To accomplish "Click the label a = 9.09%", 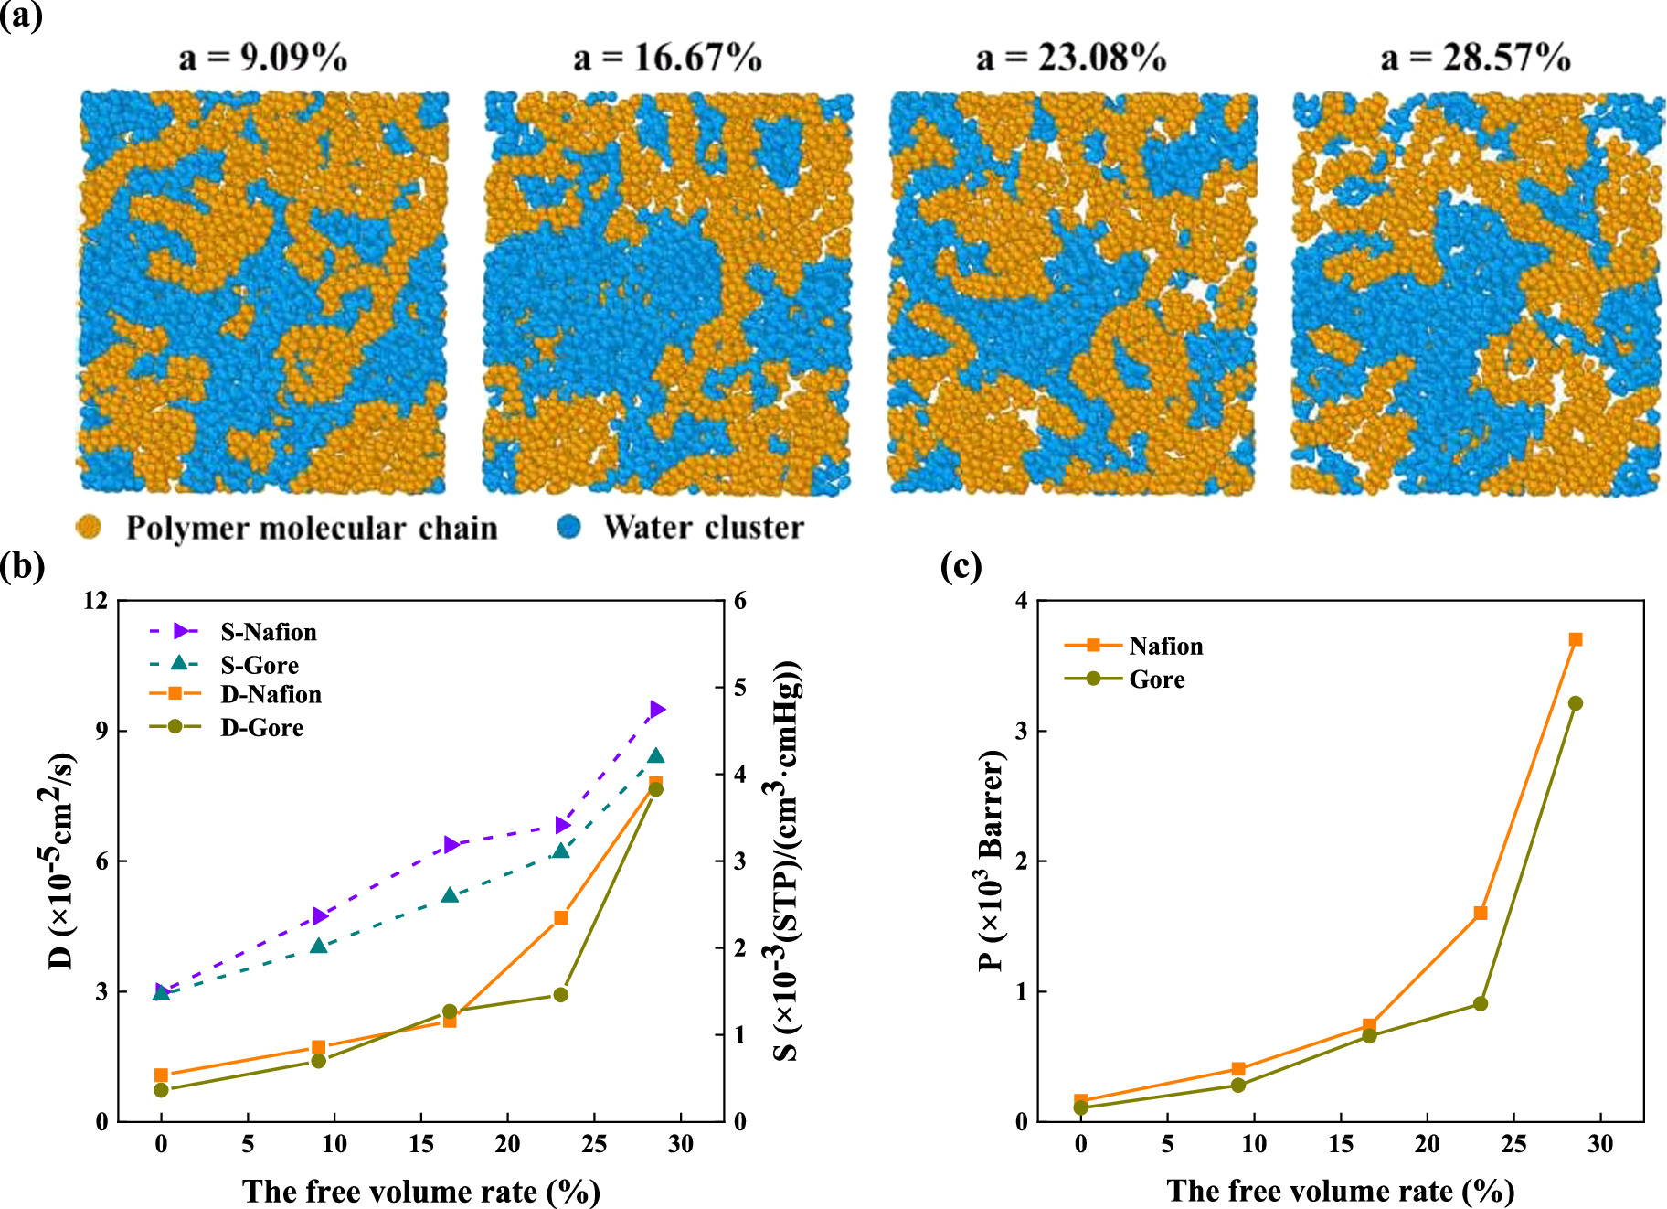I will coord(263,58).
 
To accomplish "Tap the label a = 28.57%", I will coord(1475,58).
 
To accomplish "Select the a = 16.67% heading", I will coord(667,58).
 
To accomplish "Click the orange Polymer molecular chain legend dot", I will coord(89,527).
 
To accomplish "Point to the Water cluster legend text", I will coord(703,527).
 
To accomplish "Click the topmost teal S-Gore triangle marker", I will coord(655,755).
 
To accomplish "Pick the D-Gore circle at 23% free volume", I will coord(561,994).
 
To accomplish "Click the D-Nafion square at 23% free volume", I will coord(561,917).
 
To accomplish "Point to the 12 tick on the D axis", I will coord(95,601).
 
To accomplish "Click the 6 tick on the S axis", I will coord(739,601).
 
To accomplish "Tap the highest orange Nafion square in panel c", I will coord(1576,639).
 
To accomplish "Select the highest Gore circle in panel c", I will coord(1576,703).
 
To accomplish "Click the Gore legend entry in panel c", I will coord(1156,679).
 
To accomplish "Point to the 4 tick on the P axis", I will coord(1021,601).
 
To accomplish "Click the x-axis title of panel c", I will coord(1340,1191).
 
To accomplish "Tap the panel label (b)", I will coord(22,566).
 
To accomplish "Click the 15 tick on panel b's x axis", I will coord(421,1144).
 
